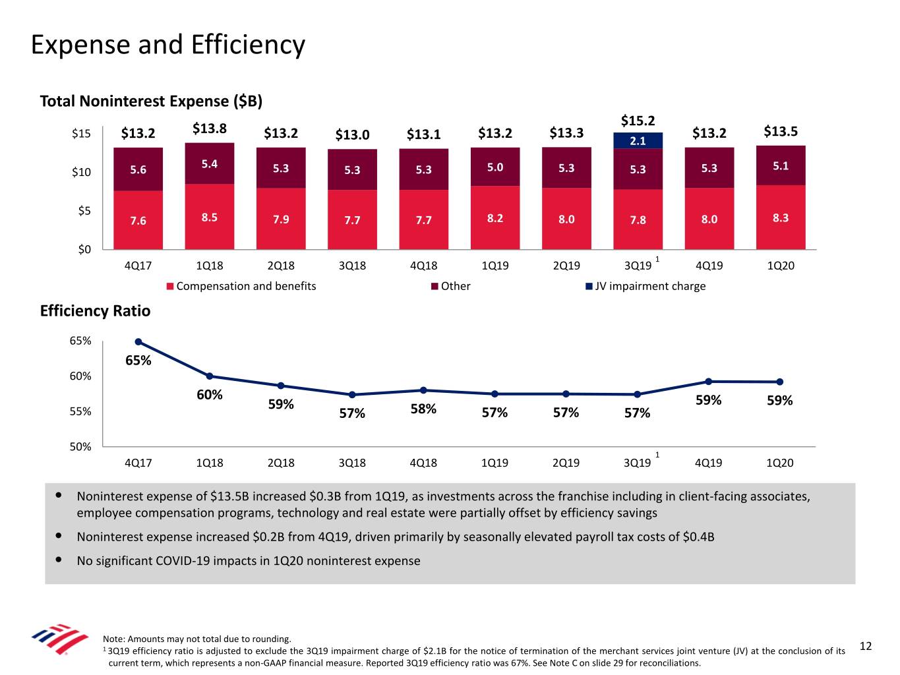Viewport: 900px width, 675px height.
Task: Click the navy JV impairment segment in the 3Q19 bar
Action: point(638,140)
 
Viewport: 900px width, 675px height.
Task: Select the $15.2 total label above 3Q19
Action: point(638,121)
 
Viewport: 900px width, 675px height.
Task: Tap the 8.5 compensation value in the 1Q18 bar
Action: point(210,218)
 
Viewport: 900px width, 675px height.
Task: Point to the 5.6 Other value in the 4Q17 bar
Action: point(138,169)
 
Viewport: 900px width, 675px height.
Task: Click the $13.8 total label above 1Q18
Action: point(210,129)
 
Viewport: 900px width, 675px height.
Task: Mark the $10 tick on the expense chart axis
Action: point(81,172)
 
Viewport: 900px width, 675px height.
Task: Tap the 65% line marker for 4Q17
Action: point(138,341)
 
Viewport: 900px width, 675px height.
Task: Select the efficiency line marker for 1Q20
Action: point(779,382)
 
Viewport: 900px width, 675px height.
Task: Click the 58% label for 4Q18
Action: point(423,409)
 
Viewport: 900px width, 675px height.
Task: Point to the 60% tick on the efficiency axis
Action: point(80,376)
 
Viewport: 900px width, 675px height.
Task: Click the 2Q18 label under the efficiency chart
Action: point(281,463)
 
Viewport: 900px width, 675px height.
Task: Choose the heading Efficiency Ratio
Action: point(95,311)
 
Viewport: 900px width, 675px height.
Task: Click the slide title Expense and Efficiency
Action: point(168,45)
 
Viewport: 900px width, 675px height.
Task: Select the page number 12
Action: point(866,646)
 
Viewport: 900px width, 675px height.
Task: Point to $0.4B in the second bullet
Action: point(698,537)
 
